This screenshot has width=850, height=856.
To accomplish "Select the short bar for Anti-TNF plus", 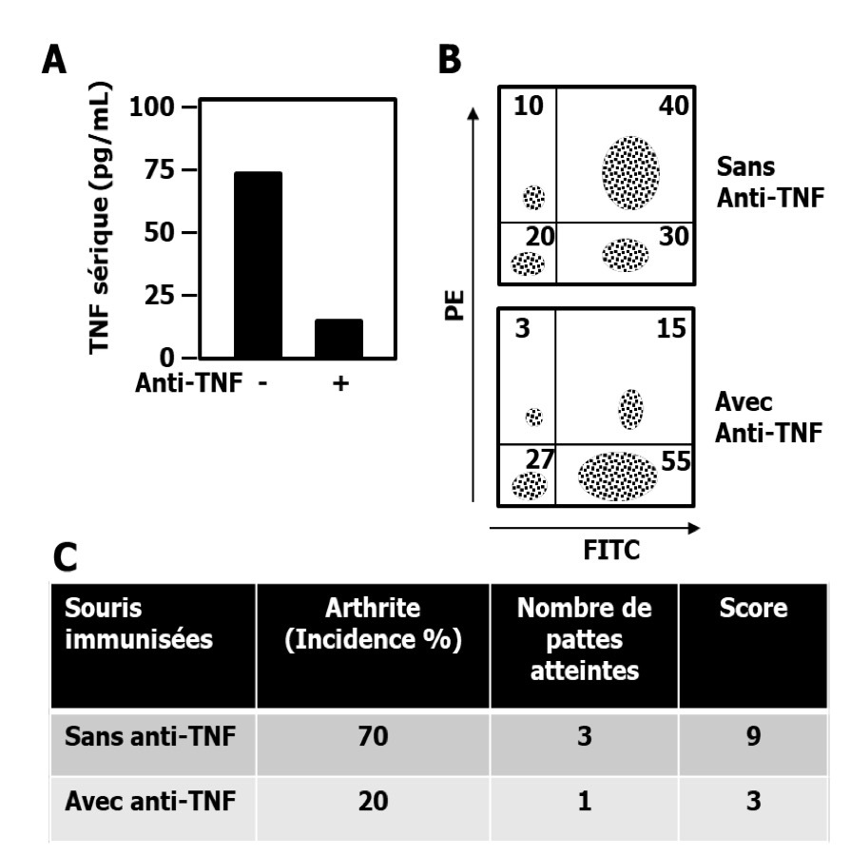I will coord(339,339).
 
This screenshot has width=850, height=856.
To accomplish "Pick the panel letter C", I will coord(65,557).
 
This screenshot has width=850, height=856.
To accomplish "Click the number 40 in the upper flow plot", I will coord(676,106).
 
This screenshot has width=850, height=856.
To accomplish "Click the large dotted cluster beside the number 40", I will coord(629,172).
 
